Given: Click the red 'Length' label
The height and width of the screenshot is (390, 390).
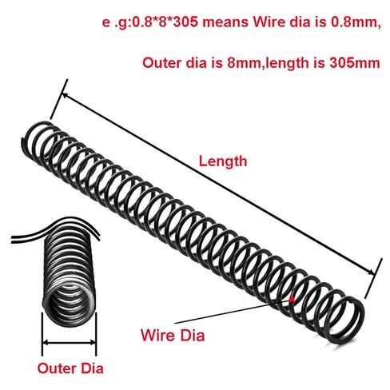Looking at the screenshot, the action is (x=223, y=161).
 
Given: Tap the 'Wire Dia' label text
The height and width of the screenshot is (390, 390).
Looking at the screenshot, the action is (x=173, y=335).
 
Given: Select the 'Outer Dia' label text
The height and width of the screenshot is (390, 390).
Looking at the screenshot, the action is (x=70, y=368).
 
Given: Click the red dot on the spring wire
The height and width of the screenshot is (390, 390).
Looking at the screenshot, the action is (x=292, y=300).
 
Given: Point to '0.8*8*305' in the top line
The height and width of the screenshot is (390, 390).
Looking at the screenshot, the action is (x=165, y=22).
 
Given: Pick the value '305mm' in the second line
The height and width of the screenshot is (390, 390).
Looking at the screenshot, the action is (x=355, y=63).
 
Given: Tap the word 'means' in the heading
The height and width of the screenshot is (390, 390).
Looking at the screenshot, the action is (x=225, y=22).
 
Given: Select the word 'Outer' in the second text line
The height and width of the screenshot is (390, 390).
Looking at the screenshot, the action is (x=161, y=63).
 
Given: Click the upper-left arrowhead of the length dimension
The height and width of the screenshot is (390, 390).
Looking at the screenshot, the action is (x=65, y=95).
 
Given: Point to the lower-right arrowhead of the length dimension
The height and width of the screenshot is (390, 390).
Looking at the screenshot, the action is (x=372, y=273).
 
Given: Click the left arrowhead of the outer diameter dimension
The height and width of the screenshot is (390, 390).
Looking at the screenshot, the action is (x=46, y=343).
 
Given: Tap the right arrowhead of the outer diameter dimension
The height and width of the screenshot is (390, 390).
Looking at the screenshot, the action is (x=92, y=343).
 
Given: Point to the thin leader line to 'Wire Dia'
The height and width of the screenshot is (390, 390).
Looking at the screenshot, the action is (x=233, y=311).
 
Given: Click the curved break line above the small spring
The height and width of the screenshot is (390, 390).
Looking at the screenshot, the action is (x=56, y=229).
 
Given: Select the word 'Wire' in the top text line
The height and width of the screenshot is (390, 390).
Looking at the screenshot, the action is (x=269, y=22).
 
